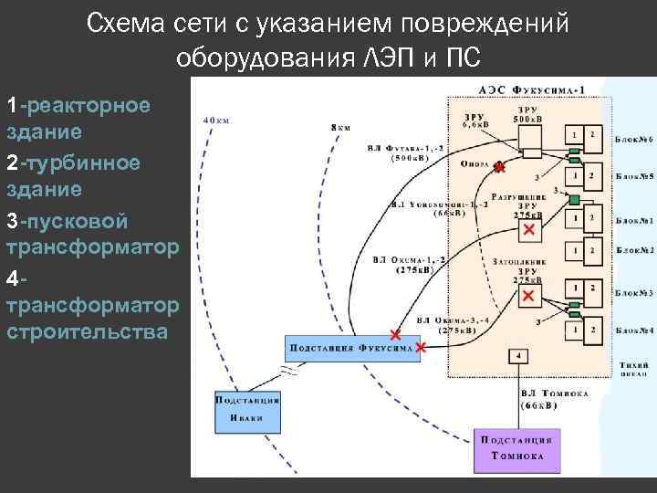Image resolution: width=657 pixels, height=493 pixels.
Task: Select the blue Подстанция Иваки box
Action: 246,408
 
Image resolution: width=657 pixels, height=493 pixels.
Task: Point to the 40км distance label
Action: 215,120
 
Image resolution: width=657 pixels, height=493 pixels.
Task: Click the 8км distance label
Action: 339,128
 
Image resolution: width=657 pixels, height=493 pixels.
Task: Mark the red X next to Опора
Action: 498,168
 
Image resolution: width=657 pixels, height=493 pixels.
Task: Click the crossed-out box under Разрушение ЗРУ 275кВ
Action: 527,232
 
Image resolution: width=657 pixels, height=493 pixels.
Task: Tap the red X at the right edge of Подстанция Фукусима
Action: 421,348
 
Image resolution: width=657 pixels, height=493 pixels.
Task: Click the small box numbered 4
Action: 519,355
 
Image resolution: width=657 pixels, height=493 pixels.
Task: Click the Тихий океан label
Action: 633,367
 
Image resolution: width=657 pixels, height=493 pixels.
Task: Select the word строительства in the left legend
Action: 88,330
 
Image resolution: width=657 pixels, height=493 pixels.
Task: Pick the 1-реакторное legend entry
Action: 78,105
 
